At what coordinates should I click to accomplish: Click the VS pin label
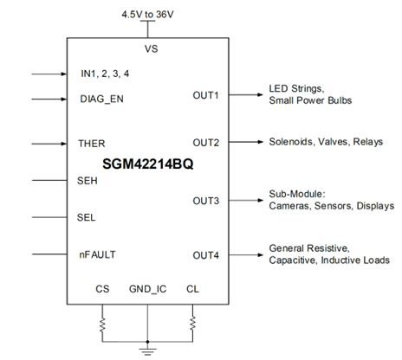(x=152, y=48)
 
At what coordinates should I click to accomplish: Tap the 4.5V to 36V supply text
(x=147, y=14)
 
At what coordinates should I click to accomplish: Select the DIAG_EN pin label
(x=101, y=99)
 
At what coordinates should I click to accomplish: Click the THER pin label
(x=92, y=144)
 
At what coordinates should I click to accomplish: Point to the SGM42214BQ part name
(x=148, y=164)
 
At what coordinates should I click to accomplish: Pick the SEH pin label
(x=88, y=181)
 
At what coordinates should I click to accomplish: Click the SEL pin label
(x=86, y=217)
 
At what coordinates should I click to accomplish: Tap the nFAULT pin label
(x=97, y=254)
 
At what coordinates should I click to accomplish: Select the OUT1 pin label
(x=205, y=95)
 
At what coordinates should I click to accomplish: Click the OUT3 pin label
(x=206, y=201)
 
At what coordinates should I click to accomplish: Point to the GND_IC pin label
(x=147, y=289)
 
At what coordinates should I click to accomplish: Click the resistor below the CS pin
(x=102, y=325)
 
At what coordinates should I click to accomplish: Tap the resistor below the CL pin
(x=192, y=324)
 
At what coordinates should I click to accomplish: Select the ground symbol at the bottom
(x=147, y=351)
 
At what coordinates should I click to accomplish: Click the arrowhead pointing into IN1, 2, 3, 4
(x=64, y=74)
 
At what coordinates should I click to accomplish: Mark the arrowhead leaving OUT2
(x=261, y=142)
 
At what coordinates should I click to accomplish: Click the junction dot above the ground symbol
(x=147, y=342)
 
